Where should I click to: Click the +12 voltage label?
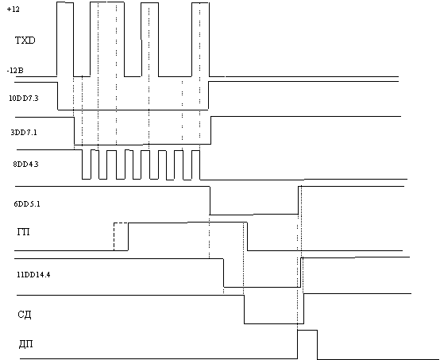coord(14,10)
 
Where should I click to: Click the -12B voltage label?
coord(15,71)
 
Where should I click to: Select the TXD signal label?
coord(25,41)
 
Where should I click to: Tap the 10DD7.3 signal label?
coord(24,99)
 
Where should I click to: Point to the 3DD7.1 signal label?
coord(24,132)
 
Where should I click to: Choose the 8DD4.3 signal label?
coord(25,164)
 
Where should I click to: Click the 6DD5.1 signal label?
coord(27,204)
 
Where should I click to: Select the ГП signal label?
coord(24,232)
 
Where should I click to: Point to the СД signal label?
coord(25,314)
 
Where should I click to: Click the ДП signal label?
coord(26,344)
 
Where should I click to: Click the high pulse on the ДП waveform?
coord(307,331)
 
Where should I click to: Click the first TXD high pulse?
coord(65,3)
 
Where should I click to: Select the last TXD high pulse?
coord(200,3)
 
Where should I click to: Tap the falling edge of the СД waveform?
coord(244,309)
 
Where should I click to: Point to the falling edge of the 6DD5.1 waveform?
coord(210,200)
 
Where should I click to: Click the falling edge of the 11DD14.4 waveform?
coord(224,273)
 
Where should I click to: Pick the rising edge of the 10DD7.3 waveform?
coord(208,95)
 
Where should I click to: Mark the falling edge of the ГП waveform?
coord(247,237)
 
